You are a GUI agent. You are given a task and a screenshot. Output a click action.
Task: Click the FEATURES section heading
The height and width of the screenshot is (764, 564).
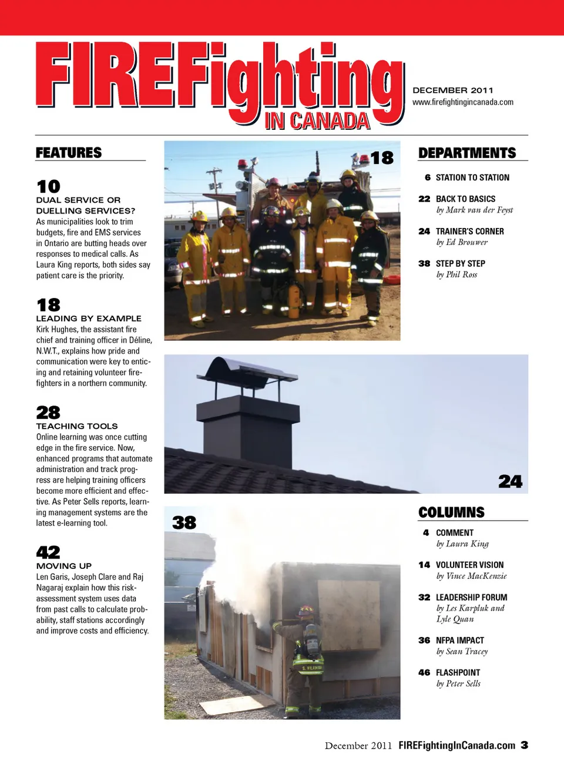pyautogui.click(x=69, y=153)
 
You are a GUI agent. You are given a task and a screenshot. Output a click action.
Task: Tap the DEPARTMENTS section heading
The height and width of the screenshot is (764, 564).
pyautogui.click(x=467, y=153)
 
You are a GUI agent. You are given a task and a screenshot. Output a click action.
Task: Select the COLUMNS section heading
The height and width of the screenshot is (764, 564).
pyautogui.click(x=451, y=512)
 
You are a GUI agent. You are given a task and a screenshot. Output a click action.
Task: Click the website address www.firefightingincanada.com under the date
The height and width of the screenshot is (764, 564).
pyautogui.click(x=463, y=102)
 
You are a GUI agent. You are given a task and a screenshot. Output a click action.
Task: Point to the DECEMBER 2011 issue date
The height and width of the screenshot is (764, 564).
pyautogui.click(x=453, y=91)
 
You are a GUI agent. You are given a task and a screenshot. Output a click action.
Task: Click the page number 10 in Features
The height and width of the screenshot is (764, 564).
pyautogui.click(x=48, y=187)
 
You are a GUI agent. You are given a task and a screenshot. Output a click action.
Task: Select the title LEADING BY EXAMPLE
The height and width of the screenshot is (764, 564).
pyautogui.click(x=89, y=319)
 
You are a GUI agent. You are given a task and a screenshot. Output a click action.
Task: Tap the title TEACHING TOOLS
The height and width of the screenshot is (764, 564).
pyautogui.click(x=77, y=426)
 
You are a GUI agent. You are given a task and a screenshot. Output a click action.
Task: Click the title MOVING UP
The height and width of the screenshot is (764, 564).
pyautogui.click(x=64, y=566)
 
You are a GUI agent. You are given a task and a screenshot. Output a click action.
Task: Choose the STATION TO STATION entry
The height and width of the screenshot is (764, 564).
pyautogui.click(x=472, y=177)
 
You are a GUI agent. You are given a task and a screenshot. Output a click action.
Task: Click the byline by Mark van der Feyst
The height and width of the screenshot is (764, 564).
pyautogui.click(x=474, y=210)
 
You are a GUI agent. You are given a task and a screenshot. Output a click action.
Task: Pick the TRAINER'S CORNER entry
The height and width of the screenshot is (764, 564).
pyautogui.click(x=469, y=232)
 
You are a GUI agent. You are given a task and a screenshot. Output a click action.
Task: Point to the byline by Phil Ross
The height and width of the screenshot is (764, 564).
pyautogui.click(x=456, y=274)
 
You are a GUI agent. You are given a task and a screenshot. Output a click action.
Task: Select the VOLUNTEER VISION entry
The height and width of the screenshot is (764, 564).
pyautogui.click(x=469, y=565)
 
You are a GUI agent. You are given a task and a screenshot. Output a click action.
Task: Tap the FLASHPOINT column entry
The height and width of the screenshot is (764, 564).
pyautogui.click(x=458, y=672)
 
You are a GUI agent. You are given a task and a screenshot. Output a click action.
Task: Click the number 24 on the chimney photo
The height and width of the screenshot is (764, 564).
pyautogui.click(x=510, y=482)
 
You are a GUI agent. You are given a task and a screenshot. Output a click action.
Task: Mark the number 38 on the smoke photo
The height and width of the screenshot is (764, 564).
pyautogui.click(x=184, y=522)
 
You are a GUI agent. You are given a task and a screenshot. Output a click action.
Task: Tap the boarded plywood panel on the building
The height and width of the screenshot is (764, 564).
pyautogui.click(x=348, y=614)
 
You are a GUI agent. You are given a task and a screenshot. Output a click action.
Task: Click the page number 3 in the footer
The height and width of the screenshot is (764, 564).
pyautogui.click(x=524, y=745)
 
